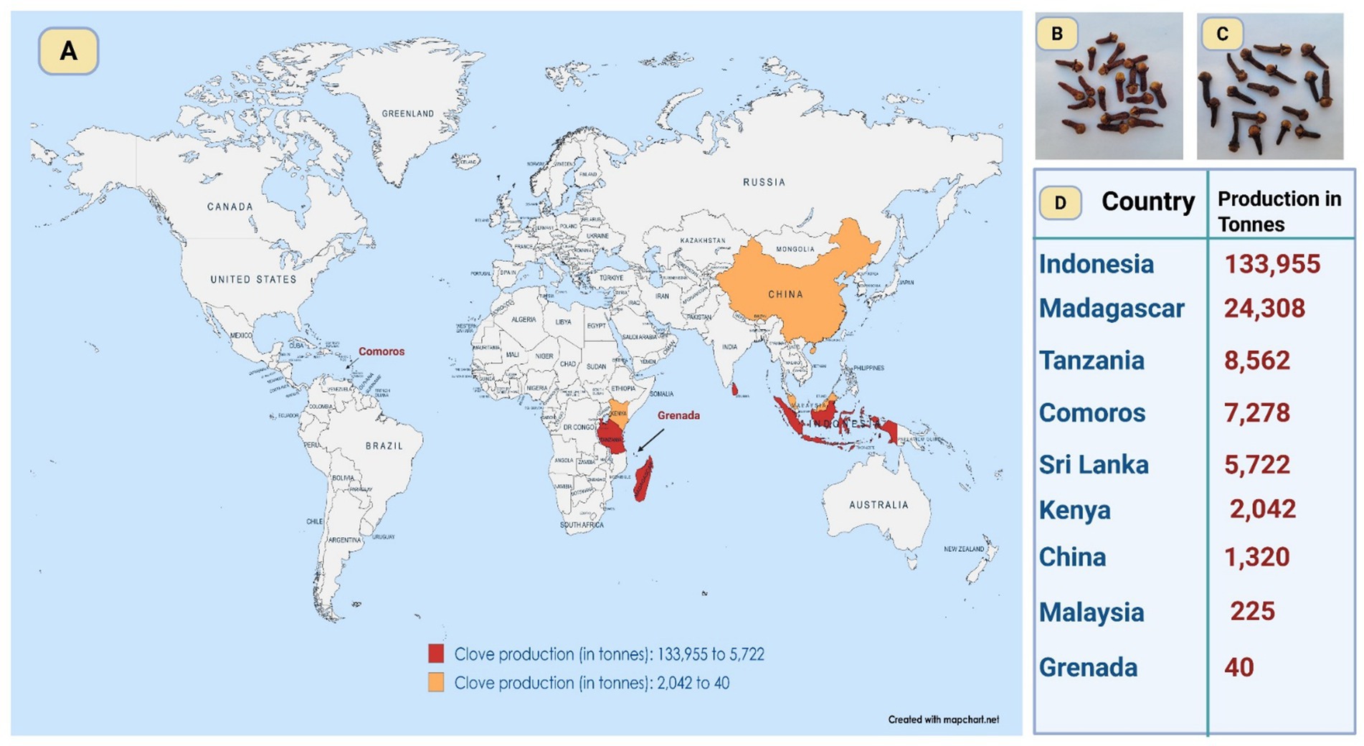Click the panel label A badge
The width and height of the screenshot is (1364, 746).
click(68, 51)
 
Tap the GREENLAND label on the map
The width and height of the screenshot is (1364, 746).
click(407, 113)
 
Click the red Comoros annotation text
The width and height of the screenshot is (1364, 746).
click(381, 351)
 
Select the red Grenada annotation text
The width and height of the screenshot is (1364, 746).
click(678, 415)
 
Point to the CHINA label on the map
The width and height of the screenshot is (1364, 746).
click(785, 294)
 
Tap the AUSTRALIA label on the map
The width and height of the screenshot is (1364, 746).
click(878, 505)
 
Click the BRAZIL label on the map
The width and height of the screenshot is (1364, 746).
click(384, 445)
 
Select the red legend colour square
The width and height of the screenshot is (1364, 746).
click(436, 653)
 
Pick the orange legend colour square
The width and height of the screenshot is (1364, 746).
click(436, 682)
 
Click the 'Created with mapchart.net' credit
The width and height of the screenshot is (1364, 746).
click(943, 719)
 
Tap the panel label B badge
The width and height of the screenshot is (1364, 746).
click(1056, 34)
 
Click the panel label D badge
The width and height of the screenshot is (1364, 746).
click(1060, 203)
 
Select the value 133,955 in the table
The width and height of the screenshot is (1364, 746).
click(1271, 264)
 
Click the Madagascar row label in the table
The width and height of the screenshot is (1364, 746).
click(1111, 308)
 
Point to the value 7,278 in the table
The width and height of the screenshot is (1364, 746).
click(1256, 413)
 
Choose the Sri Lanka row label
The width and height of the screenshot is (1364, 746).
click(1094, 465)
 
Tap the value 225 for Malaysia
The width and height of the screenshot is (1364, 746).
click(1252, 611)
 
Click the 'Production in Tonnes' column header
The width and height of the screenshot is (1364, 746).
click(1279, 211)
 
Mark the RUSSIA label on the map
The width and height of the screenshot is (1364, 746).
click(764, 182)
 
